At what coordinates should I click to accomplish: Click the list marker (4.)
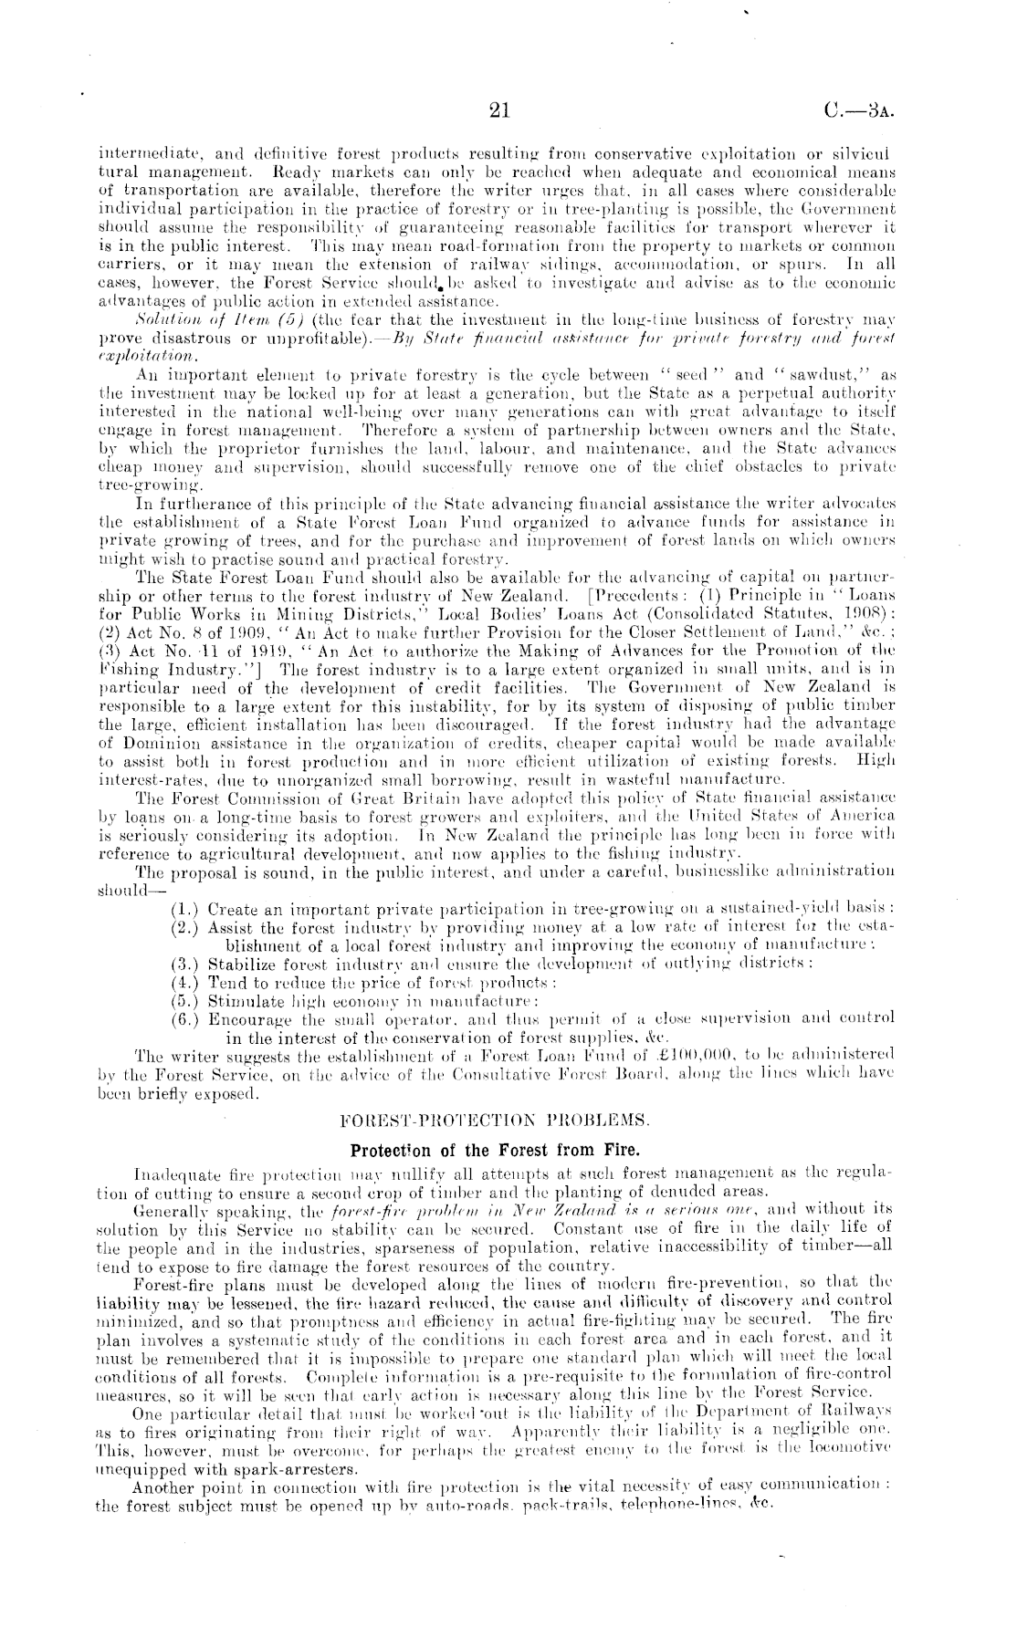coord(185,983)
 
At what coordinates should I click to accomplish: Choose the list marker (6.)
coord(185,1016)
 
